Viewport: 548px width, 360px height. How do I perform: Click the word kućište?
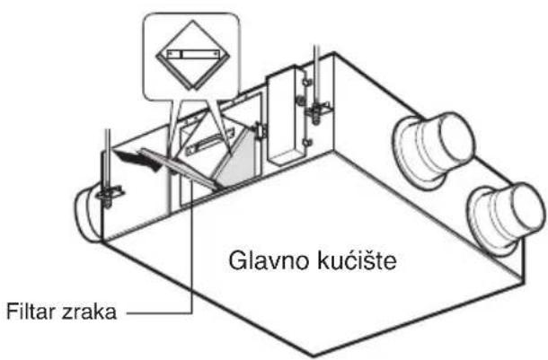coord(357,260)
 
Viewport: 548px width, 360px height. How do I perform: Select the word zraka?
coord(89,312)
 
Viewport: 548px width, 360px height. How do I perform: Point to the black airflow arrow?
coord(138,160)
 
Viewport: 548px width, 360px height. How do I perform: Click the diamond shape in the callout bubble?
coord(192,55)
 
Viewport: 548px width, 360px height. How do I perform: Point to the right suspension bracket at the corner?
coord(319,111)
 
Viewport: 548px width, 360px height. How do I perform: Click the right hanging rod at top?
coord(316,75)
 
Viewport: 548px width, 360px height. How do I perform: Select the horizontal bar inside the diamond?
coord(192,55)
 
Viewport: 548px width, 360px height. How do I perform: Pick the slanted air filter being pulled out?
coord(178,169)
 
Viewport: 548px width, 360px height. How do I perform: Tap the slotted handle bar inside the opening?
coord(209,142)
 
